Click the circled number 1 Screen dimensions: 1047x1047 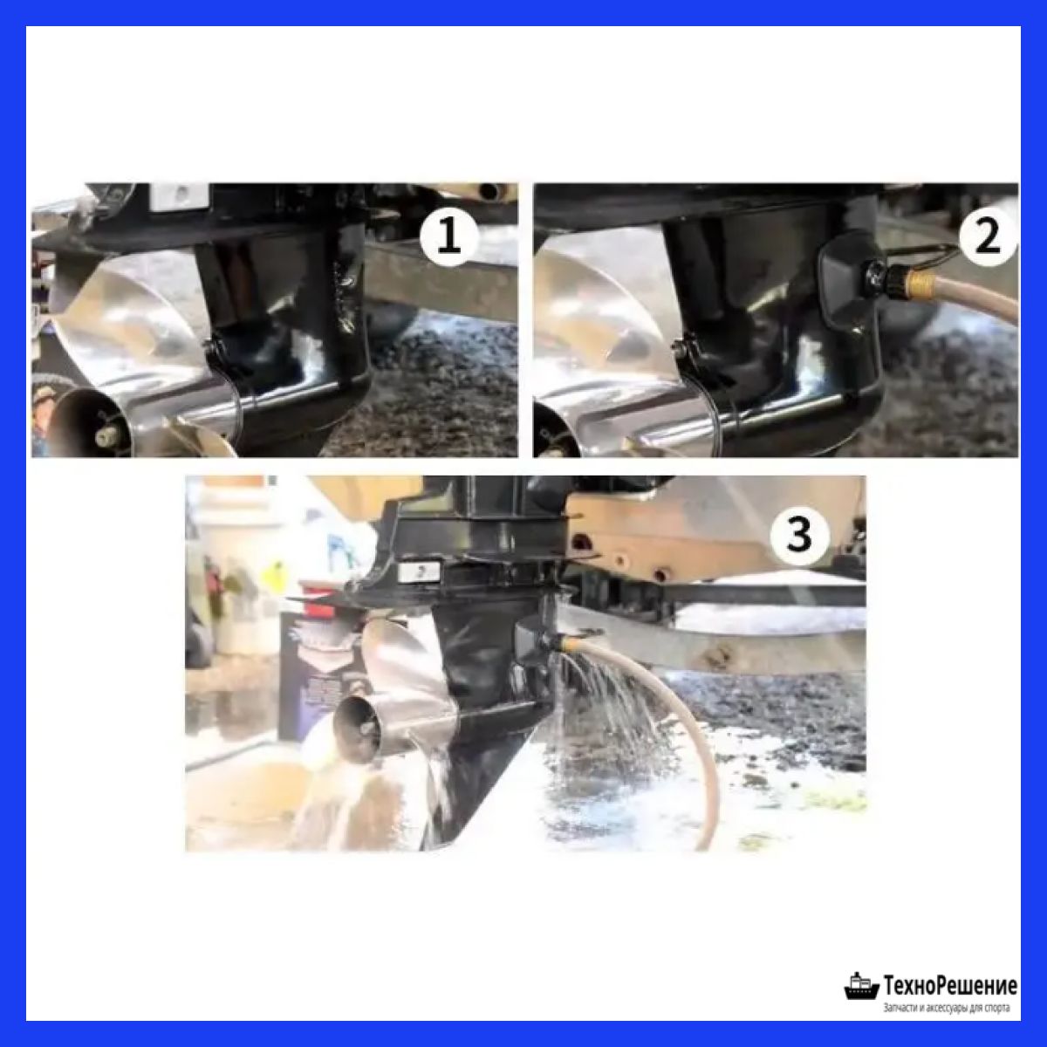[448, 238]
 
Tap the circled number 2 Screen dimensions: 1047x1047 [987, 237]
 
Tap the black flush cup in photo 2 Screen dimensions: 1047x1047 [848, 283]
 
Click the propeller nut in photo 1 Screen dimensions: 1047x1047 [105, 435]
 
